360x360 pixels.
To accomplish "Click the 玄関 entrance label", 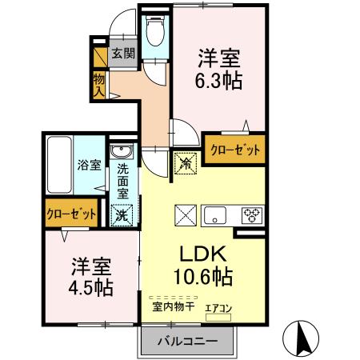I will tap(122, 54).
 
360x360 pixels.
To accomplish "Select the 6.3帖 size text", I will tap(220, 81).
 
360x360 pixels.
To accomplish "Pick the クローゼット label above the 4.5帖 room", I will tap(70, 214).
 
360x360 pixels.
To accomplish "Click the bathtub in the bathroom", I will tap(58, 163).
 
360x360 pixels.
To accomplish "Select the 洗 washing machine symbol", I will tap(122, 214).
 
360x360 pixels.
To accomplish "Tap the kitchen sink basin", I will tap(217, 214).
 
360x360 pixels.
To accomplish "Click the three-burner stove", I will tap(252, 214).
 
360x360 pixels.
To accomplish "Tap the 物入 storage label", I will tap(99, 83).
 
